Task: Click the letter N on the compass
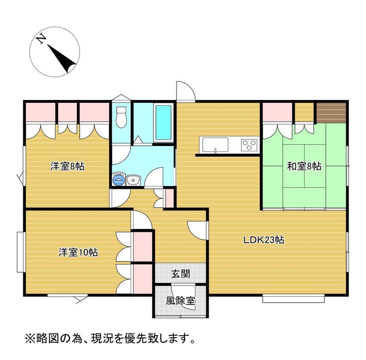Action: point(42,39)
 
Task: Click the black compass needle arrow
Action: point(62,58)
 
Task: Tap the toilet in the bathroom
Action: point(121,117)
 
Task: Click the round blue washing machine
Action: point(118,180)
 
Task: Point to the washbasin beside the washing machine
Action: point(133,180)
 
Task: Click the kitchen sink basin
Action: point(215,145)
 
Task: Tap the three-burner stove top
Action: point(249,145)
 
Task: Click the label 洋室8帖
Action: point(67,166)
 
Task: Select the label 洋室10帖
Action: point(78,252)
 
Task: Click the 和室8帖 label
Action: point(304,166)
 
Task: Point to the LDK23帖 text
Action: point(264,240)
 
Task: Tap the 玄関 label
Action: point(181,274)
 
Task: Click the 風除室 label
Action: point(181,301)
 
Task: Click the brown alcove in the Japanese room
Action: point(331,112)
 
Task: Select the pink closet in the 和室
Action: point(277,112)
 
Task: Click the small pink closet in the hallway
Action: point(170,198)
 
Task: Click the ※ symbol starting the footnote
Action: point(30,339)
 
